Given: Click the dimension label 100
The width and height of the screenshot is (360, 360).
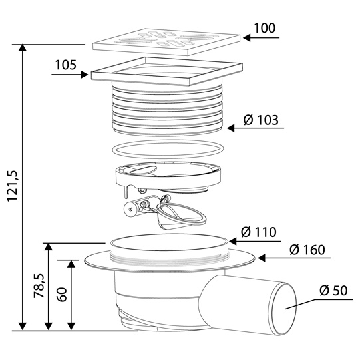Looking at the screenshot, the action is pos(264,28).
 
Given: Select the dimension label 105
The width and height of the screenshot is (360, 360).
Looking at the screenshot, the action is pos(65,65).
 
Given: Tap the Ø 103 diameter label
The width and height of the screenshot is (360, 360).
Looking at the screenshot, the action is pos(261,120).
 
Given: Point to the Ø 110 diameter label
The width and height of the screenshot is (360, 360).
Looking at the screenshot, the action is pos(259,232).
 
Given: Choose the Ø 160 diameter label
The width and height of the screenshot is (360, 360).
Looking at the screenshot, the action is pos(307,250).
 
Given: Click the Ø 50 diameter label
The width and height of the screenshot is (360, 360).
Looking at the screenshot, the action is pos(333,291).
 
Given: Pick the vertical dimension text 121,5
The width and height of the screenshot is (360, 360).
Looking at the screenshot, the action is pos(12,186).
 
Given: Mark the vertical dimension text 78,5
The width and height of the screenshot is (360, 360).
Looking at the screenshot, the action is pos(39,286).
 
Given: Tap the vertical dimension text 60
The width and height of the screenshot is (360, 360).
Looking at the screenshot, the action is pos(61,294).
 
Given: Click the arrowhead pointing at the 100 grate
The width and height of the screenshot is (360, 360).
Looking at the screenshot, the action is pos(247,38).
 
